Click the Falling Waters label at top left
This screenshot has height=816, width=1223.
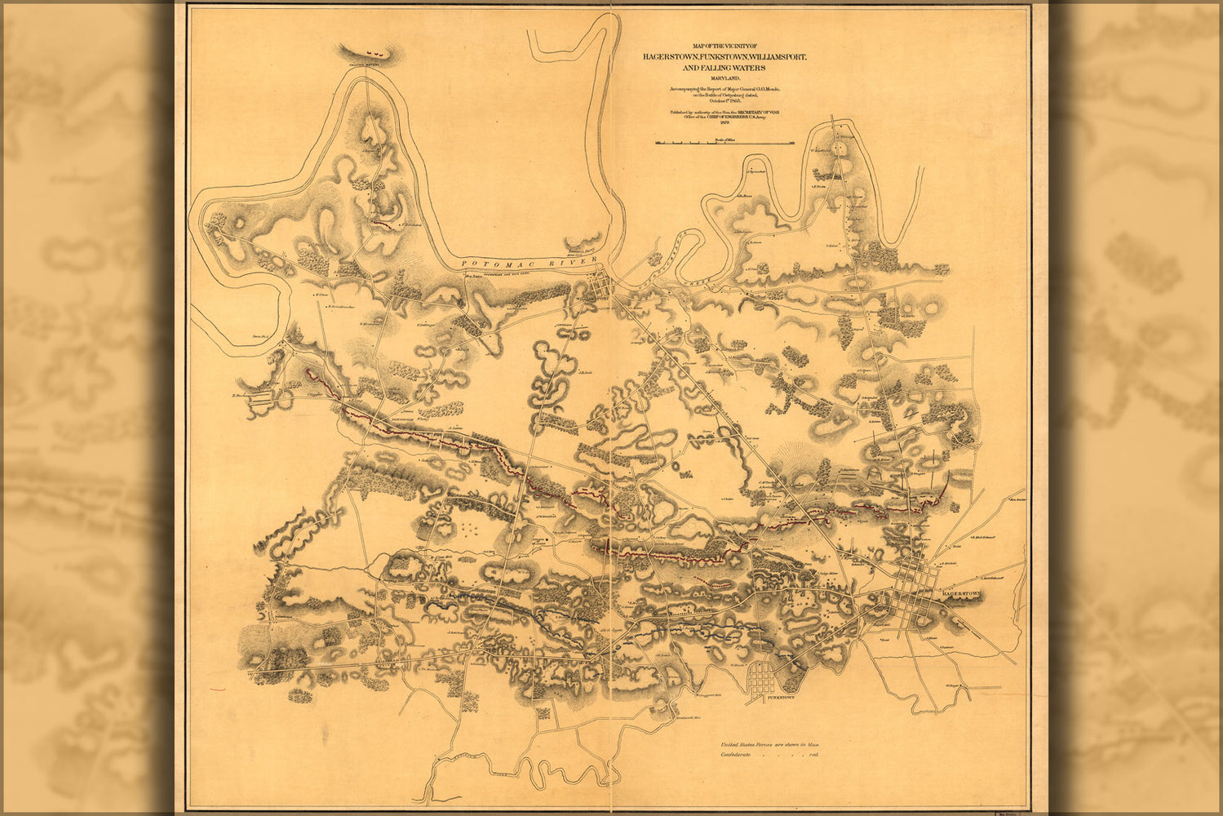coord(369,61)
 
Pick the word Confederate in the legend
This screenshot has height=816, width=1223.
coord(738,755)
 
